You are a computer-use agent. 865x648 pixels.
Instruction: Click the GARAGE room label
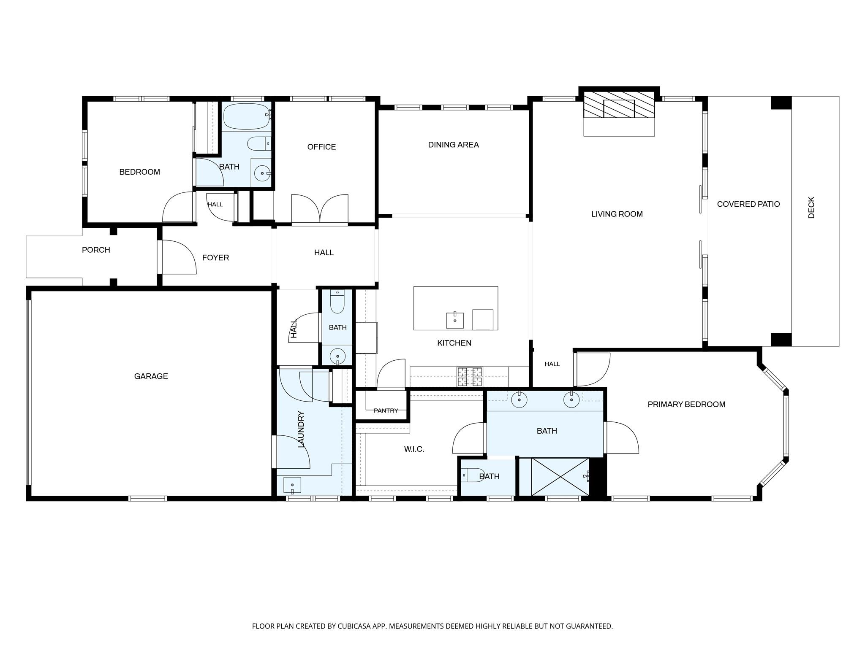[151, 376]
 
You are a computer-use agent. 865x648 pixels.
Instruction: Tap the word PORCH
[96, 250]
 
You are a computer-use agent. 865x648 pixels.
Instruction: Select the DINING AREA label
[453, 145]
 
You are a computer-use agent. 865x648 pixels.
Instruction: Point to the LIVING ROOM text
[617, 214]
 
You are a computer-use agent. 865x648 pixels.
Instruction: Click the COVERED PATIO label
[748, 204]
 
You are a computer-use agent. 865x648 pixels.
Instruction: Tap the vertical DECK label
[811, 208]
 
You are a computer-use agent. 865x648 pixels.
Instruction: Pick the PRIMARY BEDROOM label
[686, 404]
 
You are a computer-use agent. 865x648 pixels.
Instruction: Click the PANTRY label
[386, 410]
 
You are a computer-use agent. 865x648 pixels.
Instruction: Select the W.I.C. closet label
[414, 449]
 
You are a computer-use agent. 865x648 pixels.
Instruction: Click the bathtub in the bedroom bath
[247, 116]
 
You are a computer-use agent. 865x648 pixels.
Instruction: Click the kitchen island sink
[455, 320]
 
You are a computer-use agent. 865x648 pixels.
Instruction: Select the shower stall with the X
[560, 476]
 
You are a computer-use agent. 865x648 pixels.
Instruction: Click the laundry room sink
[292, 485]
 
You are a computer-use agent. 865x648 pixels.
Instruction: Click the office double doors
[320, 208]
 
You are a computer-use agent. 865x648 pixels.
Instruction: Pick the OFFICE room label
[321, 147]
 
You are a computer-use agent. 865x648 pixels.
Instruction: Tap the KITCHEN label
[454, 343]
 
